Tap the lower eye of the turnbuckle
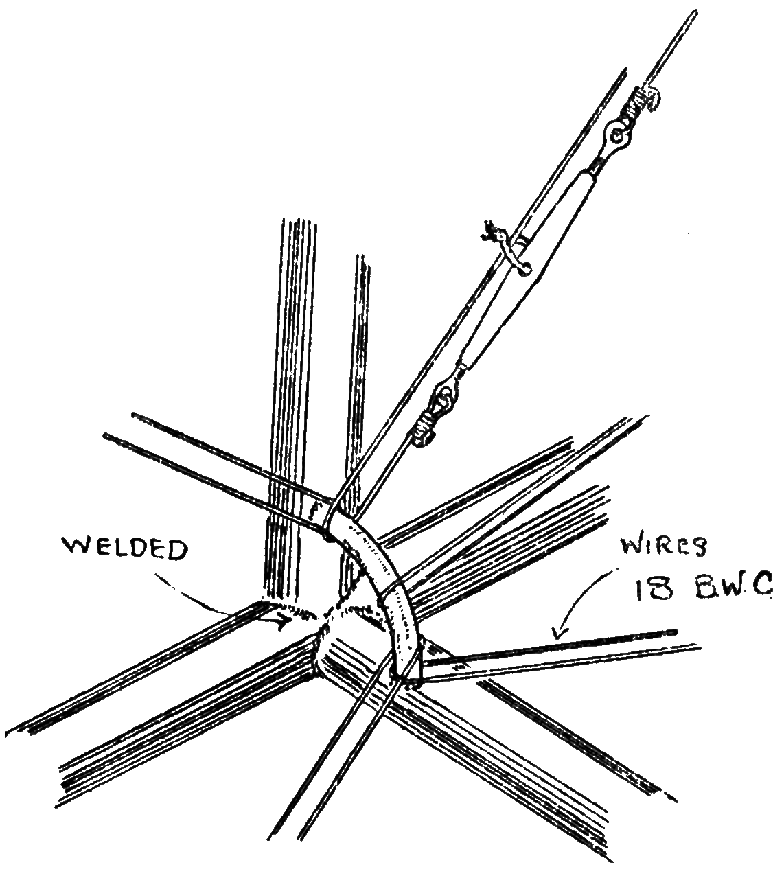448,395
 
